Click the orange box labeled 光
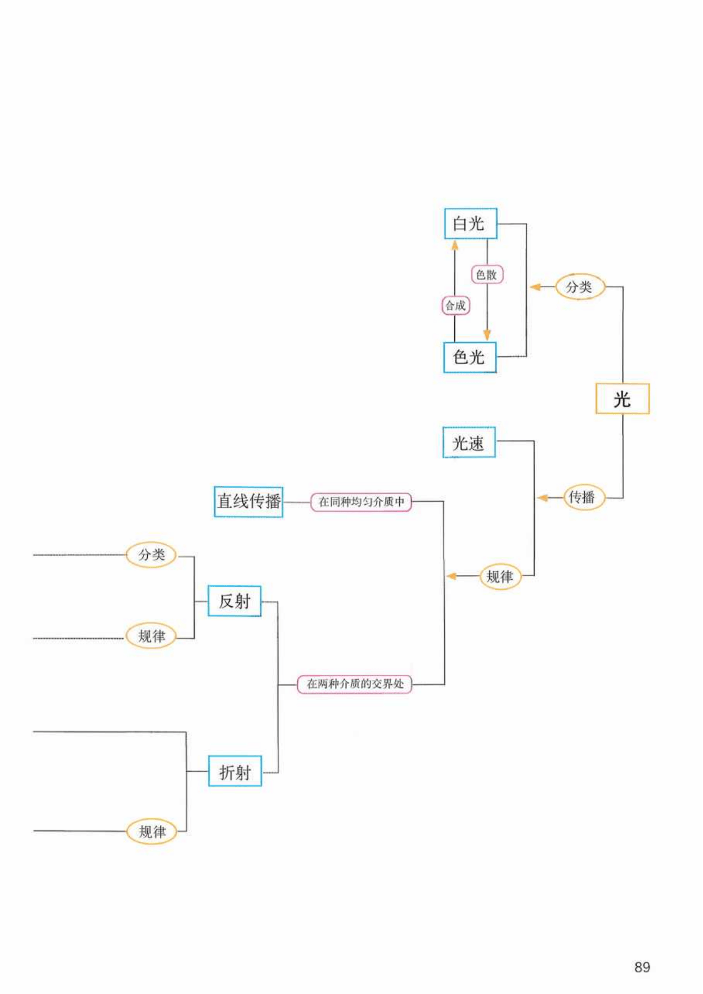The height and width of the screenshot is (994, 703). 621,399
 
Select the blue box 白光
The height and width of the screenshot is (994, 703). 470,223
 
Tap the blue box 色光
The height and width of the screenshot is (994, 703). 470,357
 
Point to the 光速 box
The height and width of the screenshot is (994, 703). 469,443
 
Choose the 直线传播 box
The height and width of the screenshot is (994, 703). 248,501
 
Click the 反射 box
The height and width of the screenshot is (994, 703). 235,601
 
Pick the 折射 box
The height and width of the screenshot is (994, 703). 235,771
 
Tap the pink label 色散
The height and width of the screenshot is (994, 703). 487,274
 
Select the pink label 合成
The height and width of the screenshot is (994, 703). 455,306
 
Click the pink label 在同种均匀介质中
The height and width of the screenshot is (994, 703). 361,502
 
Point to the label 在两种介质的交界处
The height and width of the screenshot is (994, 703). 354,684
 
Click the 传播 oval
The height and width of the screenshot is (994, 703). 582,497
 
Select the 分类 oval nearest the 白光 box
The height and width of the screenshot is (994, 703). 580,287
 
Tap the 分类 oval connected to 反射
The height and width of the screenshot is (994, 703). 151,554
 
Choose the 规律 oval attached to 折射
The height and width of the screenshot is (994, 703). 152,831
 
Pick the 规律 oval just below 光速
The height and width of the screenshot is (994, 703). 500,576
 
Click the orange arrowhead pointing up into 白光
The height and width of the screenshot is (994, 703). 455,245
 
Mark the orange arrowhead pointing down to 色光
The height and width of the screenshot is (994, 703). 487,335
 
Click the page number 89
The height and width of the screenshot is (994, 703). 642,967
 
